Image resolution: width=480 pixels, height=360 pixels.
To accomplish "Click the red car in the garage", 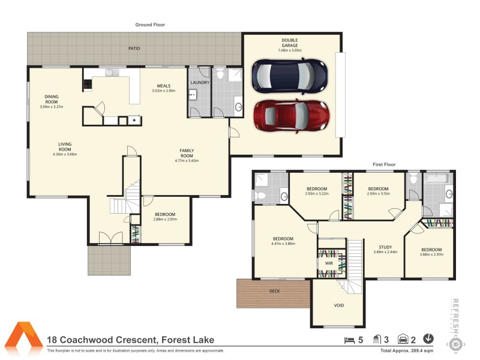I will click(292, 115).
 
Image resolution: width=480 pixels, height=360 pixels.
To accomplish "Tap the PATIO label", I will click(134, 48).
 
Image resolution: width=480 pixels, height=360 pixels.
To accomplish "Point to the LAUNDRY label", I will click(199, 82).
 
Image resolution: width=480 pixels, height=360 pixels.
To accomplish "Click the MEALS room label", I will click(164, 88).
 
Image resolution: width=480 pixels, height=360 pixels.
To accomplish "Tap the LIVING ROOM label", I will click(65, 146).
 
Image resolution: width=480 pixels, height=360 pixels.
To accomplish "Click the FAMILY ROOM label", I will click(187, 154).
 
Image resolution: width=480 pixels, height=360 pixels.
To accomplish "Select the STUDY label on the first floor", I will click(385, 247).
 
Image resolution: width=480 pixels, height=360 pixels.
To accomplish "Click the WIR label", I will click(329, 263).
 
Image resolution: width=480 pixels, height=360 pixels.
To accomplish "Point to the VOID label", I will click(339, 305).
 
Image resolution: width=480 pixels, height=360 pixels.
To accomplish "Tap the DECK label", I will click(274, 291).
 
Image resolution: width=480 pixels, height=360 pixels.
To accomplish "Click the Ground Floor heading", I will click(149, 25).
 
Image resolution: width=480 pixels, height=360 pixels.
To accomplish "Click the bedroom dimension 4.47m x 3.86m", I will click(283, 244).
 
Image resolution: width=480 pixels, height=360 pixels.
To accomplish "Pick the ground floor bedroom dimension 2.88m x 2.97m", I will click(165, 220).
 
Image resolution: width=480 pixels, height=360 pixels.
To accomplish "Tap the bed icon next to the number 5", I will click(349, 340).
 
